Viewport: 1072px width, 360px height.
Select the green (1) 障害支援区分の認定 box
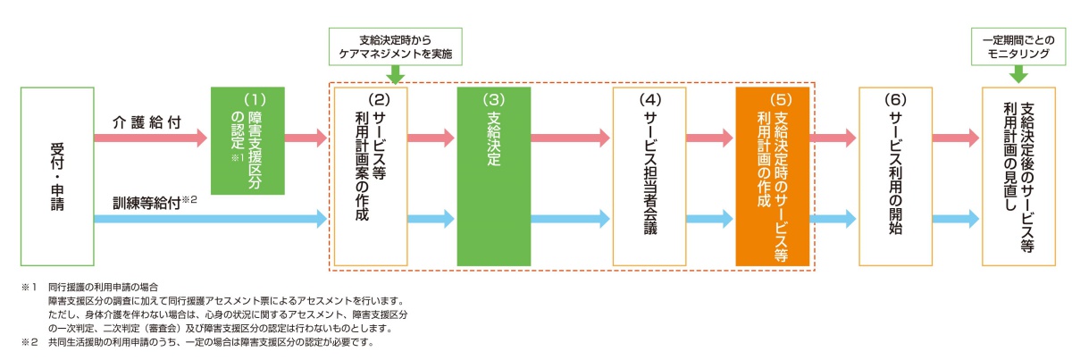point(247,140)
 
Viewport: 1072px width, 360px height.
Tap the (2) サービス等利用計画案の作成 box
point(370,176)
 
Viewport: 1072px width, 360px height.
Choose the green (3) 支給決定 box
point(493,176)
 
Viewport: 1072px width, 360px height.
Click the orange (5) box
point(772,176)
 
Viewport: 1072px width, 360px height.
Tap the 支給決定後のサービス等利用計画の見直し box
point(1018,176)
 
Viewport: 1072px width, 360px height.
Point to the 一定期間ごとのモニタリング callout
point(1022,47)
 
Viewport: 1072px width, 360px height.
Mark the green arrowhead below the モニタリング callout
point(1022,77)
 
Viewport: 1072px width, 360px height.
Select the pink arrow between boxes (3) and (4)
point(571,138)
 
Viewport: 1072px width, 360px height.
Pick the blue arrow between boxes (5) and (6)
point(833,217)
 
